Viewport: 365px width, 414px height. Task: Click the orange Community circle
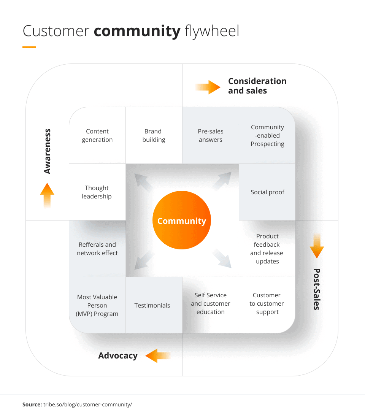[181, 220]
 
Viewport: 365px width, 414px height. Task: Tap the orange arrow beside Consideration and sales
[208, 87]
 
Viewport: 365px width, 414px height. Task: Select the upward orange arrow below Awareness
[47, 195]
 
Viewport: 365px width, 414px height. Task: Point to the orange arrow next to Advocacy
[157, 356]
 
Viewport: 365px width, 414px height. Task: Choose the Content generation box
[97, 135]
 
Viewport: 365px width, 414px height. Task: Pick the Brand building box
[154, 135]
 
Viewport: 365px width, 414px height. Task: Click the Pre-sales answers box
[211, 135]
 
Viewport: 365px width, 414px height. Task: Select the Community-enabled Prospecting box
[267, 135]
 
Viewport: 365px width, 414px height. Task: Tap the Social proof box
[267, 192]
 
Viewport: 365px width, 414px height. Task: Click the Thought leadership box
[97, 192]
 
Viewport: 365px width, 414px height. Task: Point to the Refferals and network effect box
[97, 249]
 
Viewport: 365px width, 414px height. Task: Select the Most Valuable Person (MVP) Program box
[97, 305]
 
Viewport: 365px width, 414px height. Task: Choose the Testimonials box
[152, 305]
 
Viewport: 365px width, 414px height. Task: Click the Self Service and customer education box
[211, 303]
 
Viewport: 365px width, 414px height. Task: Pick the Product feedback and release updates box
[267, 249]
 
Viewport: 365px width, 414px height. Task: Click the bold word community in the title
[137, 31]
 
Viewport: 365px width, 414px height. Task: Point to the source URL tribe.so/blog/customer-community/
[87, 404]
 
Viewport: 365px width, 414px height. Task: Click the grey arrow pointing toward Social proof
[221, 181]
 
